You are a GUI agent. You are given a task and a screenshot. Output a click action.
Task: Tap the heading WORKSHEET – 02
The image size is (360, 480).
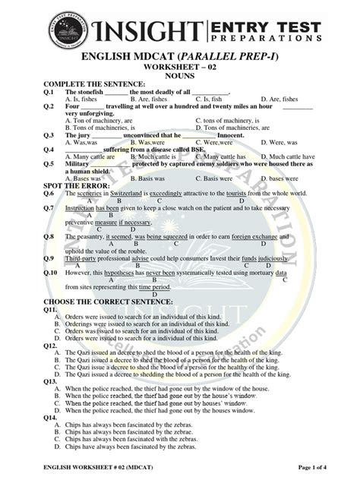[x=179, y=67]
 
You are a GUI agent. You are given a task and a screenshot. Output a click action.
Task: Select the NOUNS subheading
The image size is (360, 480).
[x=179, y=75]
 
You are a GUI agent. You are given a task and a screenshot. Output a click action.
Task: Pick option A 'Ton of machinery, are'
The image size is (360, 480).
[x=99, y=120]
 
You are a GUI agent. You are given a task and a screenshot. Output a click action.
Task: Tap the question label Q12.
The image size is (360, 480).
[x=50, y=346]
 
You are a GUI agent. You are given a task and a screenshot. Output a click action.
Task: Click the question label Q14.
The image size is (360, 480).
[x=50, y=418]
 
